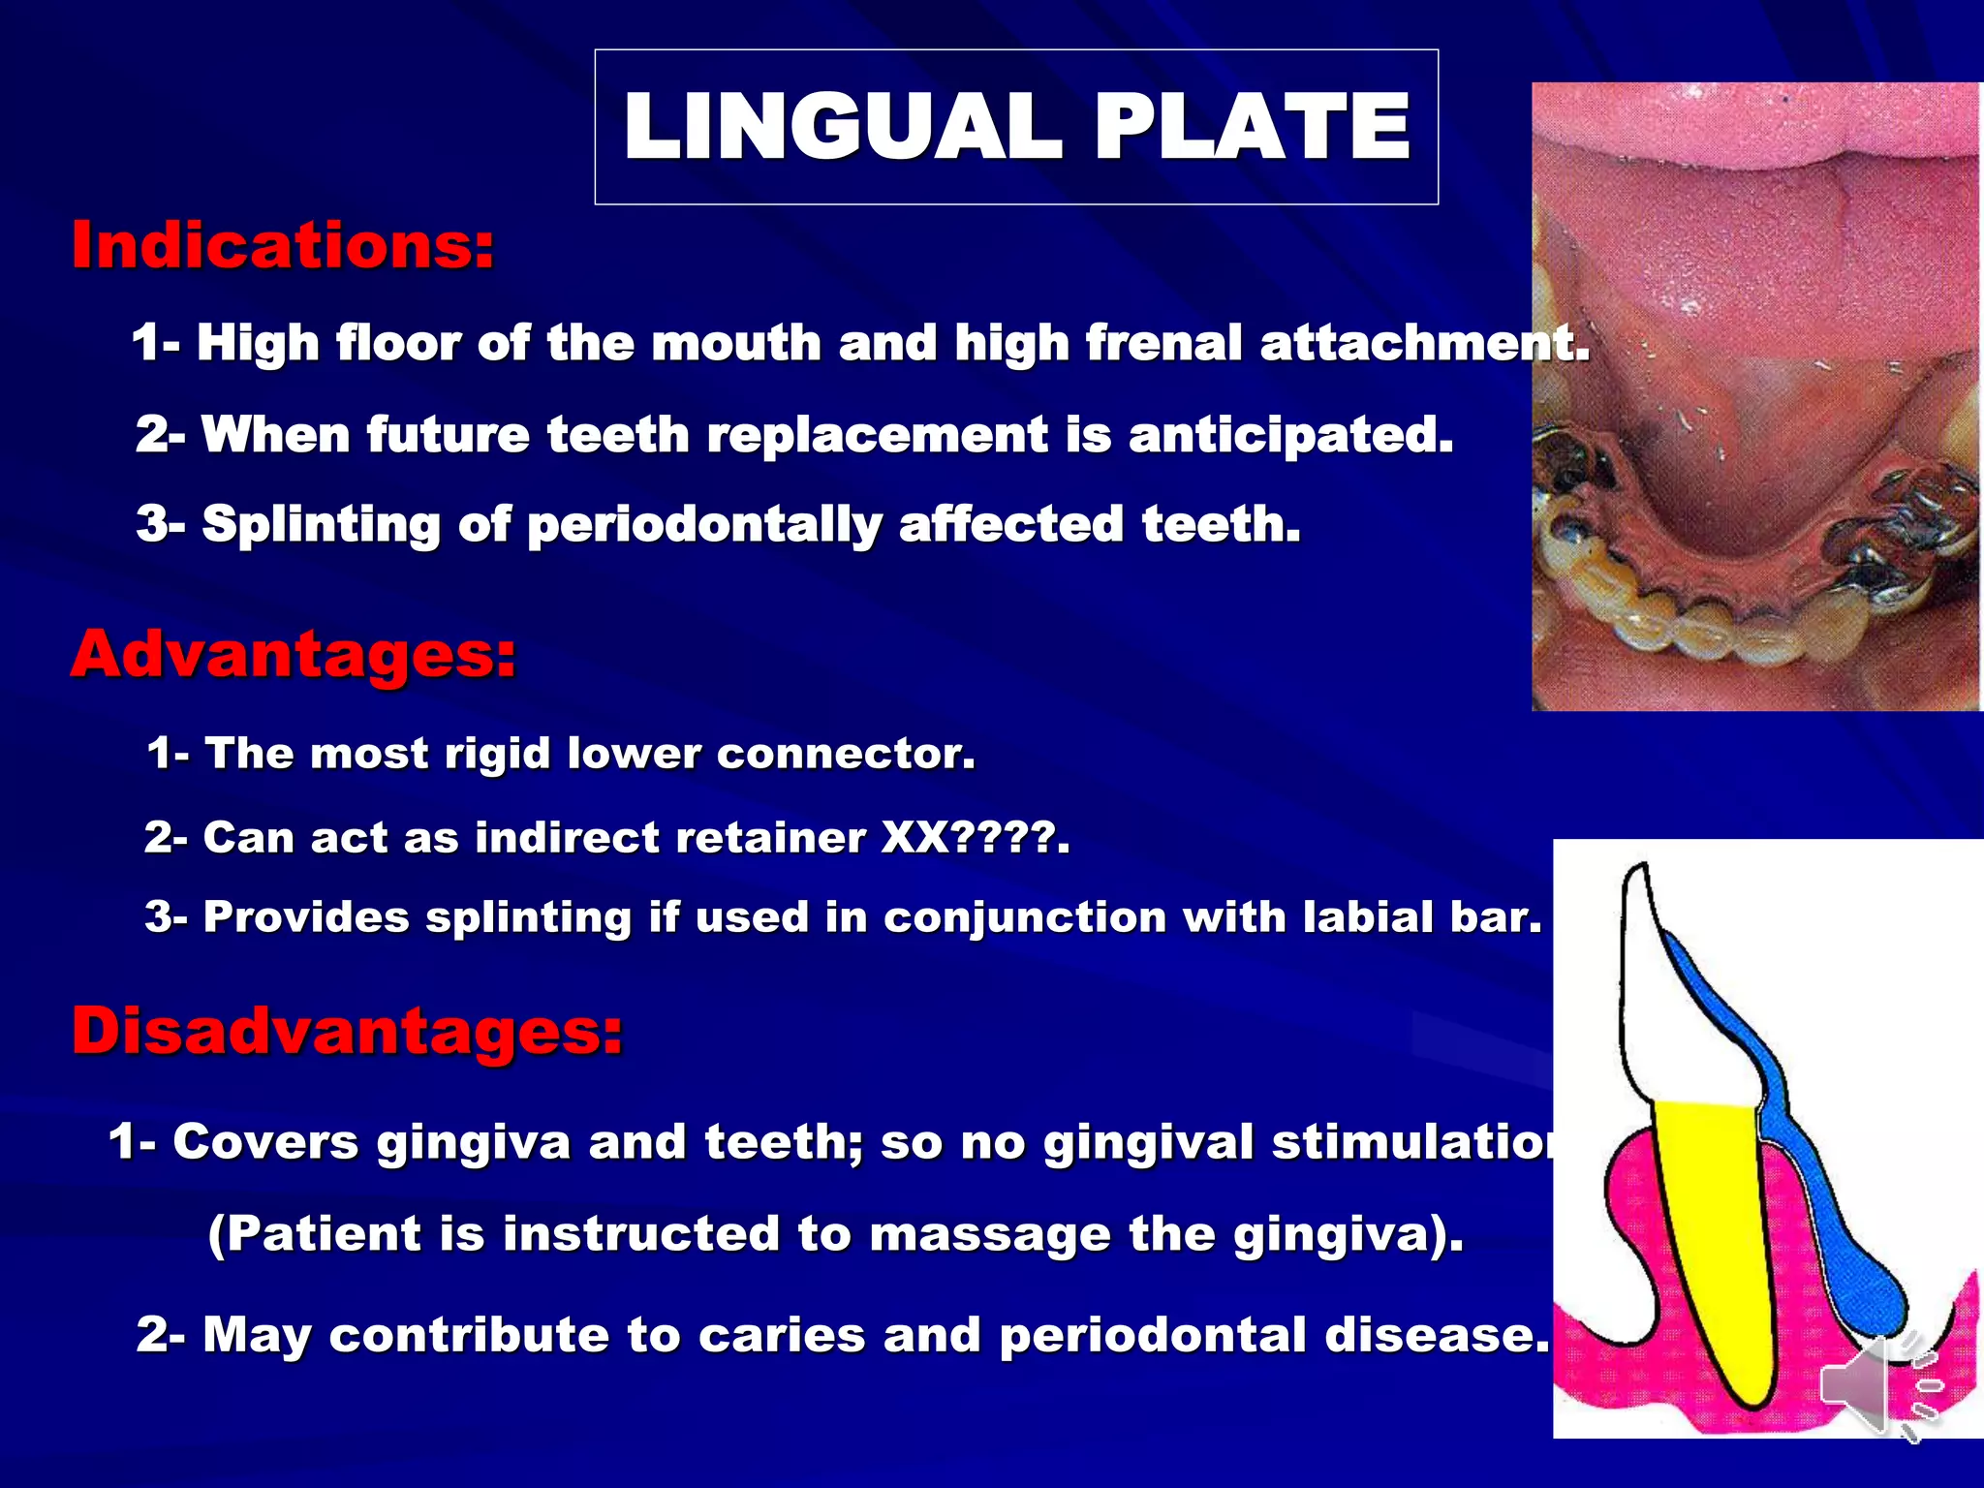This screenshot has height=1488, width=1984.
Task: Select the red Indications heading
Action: click(x=283, y=245)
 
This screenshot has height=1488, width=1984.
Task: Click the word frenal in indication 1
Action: click(x=1162, y=343)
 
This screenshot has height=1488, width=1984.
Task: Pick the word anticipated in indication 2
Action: click(x=1290, y=434)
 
